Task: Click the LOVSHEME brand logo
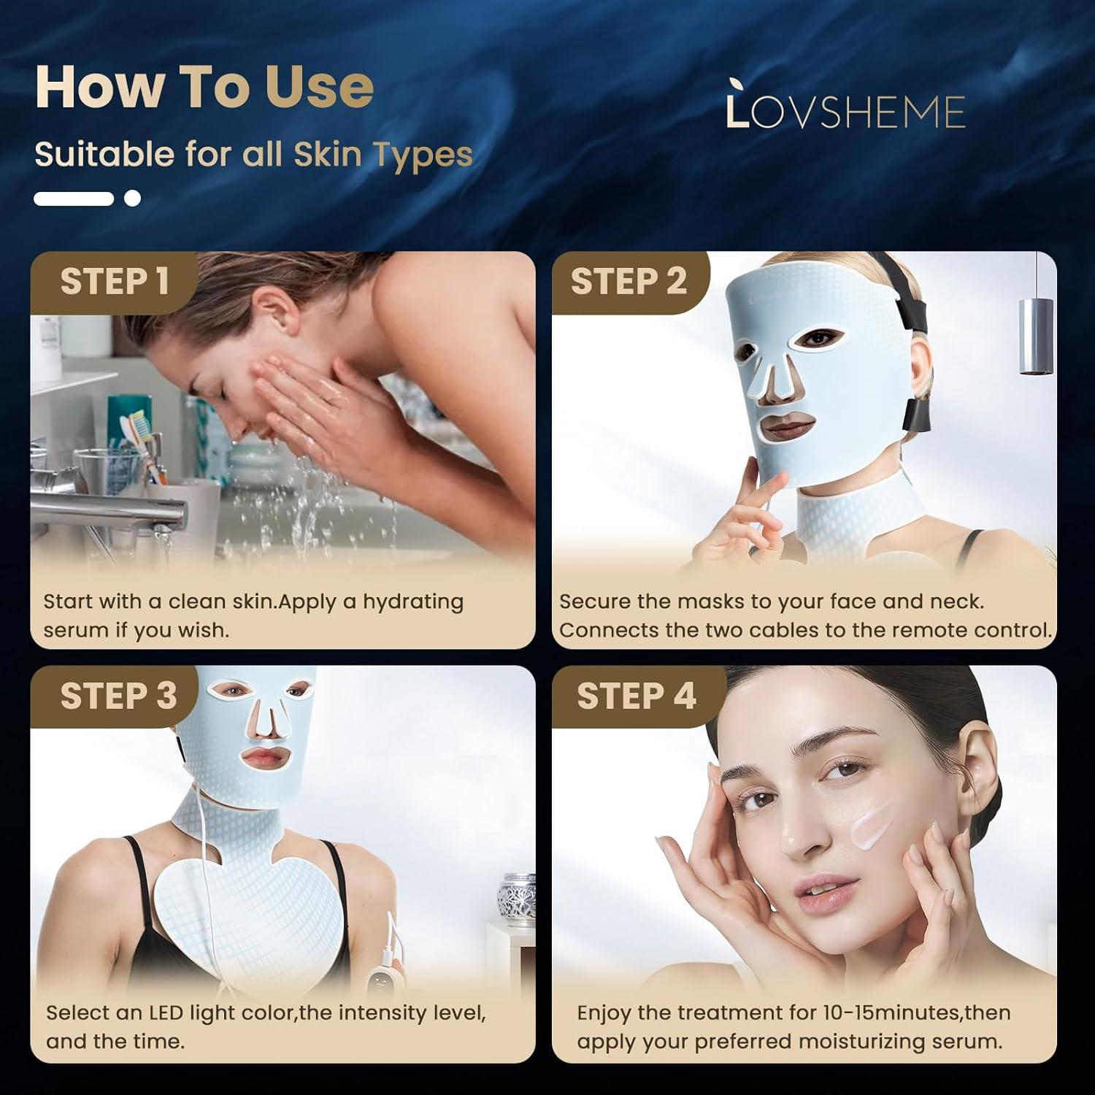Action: (846, 111)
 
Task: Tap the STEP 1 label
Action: (115, 282)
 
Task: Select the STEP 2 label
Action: (629, 282)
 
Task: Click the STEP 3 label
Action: (118, 696)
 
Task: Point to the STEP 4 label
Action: (636, 696)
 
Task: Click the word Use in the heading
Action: (320, 87)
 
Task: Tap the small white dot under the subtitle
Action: (132, 198)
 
